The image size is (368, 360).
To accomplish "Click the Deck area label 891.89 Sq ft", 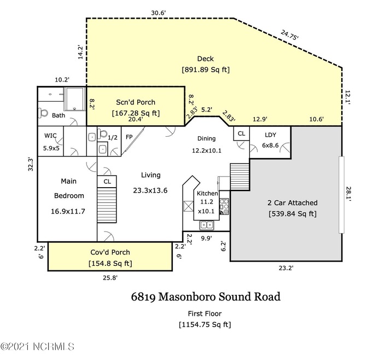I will pyautogui.click(x=206, y=70).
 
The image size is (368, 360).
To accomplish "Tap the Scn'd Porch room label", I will pyautogui.click(x=135, y=102).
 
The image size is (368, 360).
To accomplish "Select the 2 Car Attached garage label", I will pyautogui.click(x=292, y=203).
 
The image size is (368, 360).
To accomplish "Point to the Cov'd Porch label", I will pyautogui.click(x=110, y=253).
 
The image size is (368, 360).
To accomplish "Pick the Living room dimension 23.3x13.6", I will pyautogui.click(x=150, y=190).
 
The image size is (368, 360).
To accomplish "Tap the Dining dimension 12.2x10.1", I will pyautogui.click(x=207, y=150).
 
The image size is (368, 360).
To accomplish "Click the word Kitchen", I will pyautogui.click(x=207, y=194).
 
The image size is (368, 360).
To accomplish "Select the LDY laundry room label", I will pyautogui.click(x=270, y=135).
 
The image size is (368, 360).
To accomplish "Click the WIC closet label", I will pyautogui.click(x=50, y=136).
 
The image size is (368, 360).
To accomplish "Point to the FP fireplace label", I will pyautogui.click(x=130, y=137).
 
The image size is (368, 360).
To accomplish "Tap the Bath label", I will pyautogui.click(x=59, y=115).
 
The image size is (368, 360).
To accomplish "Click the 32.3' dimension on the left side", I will pyautogui.click(x=31, y=165).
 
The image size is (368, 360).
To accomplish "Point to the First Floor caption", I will pyautogui.click(x=205, y=313).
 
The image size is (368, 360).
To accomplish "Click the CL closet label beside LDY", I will pyautogui.click(x=241, y=133).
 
